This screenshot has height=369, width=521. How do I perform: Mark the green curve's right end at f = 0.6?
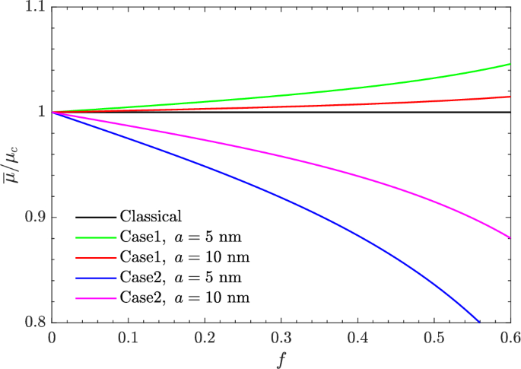click(x=510, y=64)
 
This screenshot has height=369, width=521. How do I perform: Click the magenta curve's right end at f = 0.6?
click(x=510, y=238)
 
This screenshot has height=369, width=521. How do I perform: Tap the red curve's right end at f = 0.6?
click(x=510, y=97)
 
